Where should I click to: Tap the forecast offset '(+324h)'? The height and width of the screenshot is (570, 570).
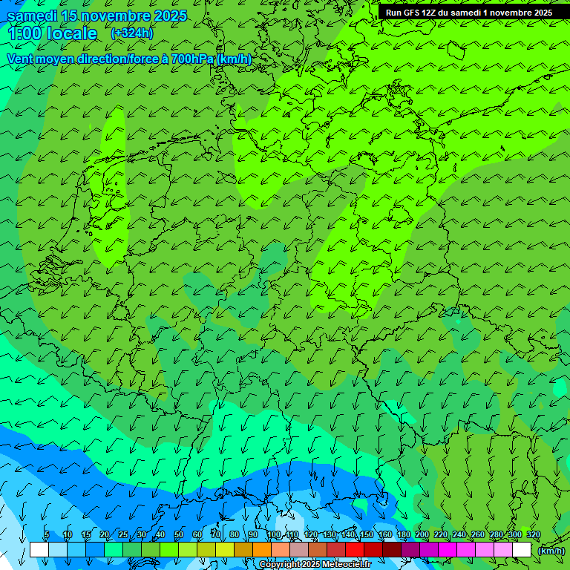click(132, 33)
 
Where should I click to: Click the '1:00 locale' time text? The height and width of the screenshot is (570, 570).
click(52, 33)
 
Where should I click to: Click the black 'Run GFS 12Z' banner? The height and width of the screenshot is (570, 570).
click(468, 13)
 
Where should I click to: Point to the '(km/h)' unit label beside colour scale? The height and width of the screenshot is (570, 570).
click(551, 550)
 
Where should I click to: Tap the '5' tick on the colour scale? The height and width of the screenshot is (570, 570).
click(47, 535)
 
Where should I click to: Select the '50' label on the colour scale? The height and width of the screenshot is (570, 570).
click(179, 535)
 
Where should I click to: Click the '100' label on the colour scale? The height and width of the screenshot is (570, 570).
click(274, 535)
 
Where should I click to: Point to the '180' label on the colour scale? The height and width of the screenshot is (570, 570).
click(403, 535)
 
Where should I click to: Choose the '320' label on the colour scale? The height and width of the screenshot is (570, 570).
click(533, 535)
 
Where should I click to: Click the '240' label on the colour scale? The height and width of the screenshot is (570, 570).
click(459, 535)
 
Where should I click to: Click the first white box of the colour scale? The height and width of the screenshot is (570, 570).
click(39, 550)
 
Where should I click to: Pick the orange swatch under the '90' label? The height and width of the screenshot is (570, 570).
click(262, 550)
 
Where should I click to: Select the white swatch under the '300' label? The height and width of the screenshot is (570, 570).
click(522, 550)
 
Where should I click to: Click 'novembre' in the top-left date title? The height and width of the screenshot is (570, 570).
click(114, 16)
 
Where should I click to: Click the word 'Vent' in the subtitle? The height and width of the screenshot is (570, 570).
click(21, 59)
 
